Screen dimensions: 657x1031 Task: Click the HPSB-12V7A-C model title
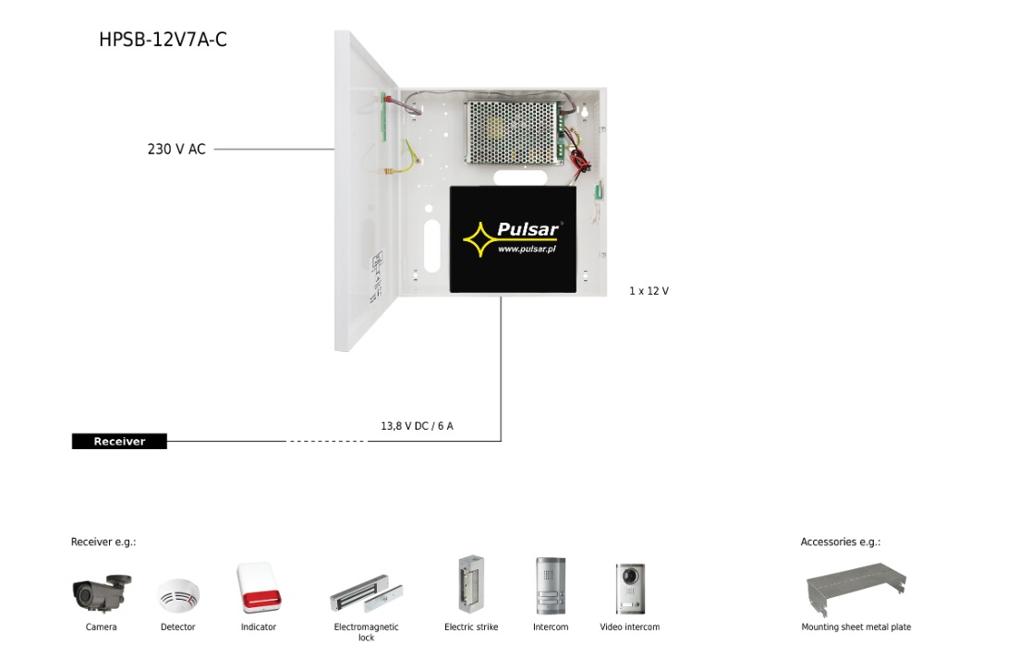[x=163, y=40]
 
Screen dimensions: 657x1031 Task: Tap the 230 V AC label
[x=176, y=149]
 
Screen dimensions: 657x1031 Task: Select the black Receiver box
[x=120, y=442]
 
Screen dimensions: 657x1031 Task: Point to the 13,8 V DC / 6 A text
[x=418, y=427]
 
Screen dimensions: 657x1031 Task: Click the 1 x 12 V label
[x=649, y=291]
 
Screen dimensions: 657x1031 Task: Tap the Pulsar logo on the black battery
[x=512, y=238]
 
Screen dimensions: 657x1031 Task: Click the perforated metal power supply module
[x=514, y=132]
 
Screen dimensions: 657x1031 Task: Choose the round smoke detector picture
[x=177, y=596]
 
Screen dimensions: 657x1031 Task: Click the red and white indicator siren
[x=258, y=588]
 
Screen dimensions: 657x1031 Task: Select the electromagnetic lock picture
[x=367, y=596]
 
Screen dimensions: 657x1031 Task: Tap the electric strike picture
[x=471, y=585]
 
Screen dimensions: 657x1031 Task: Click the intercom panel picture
[x=551, y=586]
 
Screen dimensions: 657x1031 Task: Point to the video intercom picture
[x=630, y=589]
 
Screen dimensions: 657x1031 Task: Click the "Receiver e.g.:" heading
[x=103, y=542]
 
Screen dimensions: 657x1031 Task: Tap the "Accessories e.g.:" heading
[x=841, y=542]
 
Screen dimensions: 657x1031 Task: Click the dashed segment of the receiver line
[x=327, y=442]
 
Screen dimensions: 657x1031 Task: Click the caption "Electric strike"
[x=471, y=627]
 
